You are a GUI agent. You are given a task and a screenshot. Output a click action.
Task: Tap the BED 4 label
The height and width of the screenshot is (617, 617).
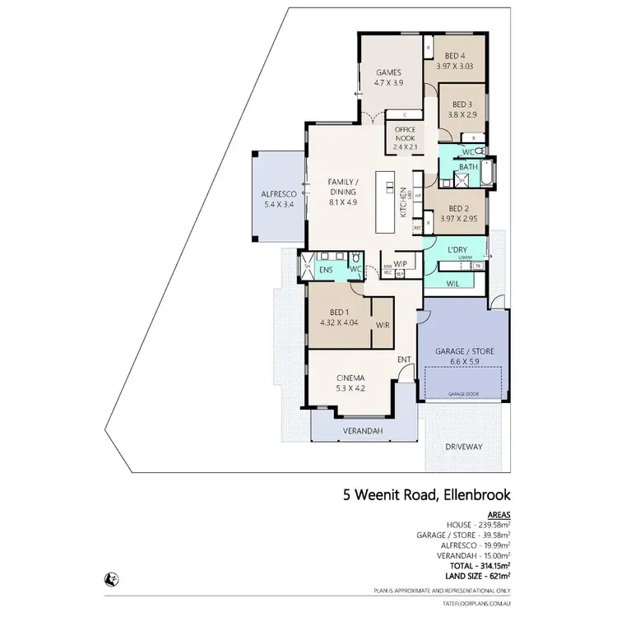[x=457, y=56]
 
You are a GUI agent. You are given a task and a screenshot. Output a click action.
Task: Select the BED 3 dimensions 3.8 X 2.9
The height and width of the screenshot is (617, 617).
[x=461, y=116]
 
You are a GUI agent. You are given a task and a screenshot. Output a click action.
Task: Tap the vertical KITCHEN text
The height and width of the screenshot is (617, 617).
[x=403, y=200]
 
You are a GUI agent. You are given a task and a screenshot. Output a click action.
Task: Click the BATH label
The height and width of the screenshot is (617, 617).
[x=468, y=167]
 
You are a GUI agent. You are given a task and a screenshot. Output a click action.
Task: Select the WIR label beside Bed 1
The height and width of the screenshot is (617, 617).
[x=383, y=325]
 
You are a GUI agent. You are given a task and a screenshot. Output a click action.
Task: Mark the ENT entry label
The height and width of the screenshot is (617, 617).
[x=405, y=360]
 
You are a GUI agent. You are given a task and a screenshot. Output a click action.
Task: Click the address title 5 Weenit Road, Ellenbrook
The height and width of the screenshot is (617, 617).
[x=427, y=495]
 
